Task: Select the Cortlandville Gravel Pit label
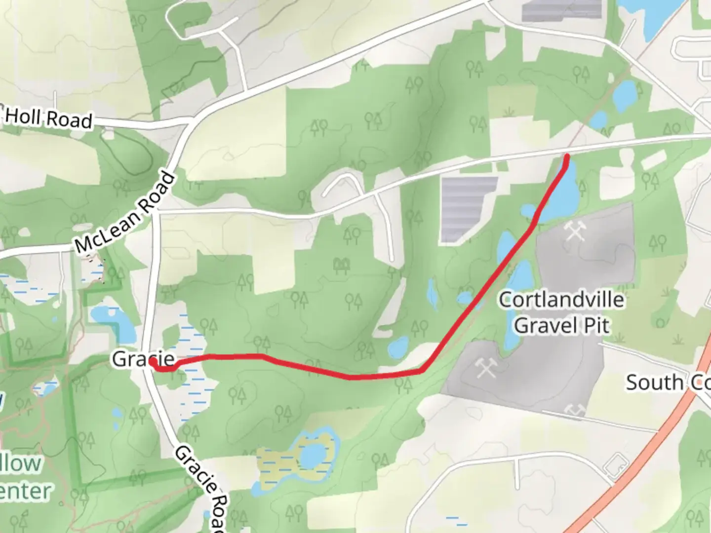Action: pyautogui.click(x=561, y=312)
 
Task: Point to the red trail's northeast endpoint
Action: pyautogui.click(x=567, y=157)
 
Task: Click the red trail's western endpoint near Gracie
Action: pyautogui.click(x=153, y=363)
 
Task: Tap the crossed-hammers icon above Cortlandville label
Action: pyautogui.click(x=575, y=230)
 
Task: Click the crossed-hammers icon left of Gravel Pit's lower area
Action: pyautogui.click(x=485, y=368)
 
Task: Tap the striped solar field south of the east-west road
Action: pyautogui.click(x=467, y=207)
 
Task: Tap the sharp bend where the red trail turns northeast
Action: pyautogui.click(x=423, y=370)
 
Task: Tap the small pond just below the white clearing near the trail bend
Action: pyautogui.click(x=398, y=347)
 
